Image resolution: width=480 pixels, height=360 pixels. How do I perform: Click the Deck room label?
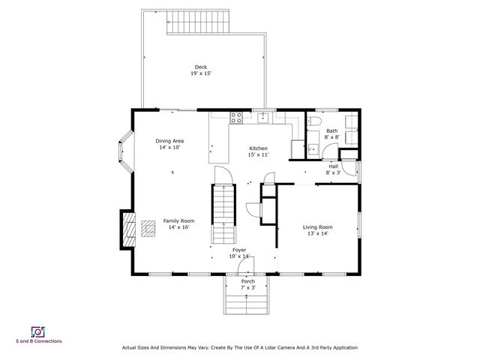(201, 67)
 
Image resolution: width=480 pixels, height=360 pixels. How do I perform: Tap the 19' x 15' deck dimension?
(201, 73)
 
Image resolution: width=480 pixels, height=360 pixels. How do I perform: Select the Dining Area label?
(169, 141)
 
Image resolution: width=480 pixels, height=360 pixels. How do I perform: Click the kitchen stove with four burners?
(236, 118)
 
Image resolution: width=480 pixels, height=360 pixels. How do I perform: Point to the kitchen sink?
(263, 118)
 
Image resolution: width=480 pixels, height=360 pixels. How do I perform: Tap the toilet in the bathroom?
(313, 121)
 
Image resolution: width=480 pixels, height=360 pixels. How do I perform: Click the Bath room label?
(331, 131)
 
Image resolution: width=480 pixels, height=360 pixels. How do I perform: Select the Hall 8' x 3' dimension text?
(333, 172)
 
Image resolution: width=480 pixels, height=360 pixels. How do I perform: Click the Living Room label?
(317, 227)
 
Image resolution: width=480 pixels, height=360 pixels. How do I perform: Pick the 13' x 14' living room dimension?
(317, 233)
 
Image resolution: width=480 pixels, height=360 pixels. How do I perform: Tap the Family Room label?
(178, 221)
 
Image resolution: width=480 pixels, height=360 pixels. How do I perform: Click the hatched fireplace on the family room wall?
(129, 229)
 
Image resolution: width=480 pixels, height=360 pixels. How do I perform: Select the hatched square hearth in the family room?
(148, 228)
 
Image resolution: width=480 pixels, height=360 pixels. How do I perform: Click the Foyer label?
(239, 250)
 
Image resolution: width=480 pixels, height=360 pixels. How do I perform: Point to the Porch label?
(248, 281)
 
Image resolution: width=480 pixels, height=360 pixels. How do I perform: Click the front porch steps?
(247, 304)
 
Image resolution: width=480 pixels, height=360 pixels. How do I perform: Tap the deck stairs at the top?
(198, 22)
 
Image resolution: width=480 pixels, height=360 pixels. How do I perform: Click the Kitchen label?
(258, 148)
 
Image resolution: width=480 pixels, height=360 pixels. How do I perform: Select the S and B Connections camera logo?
(38, 332)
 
